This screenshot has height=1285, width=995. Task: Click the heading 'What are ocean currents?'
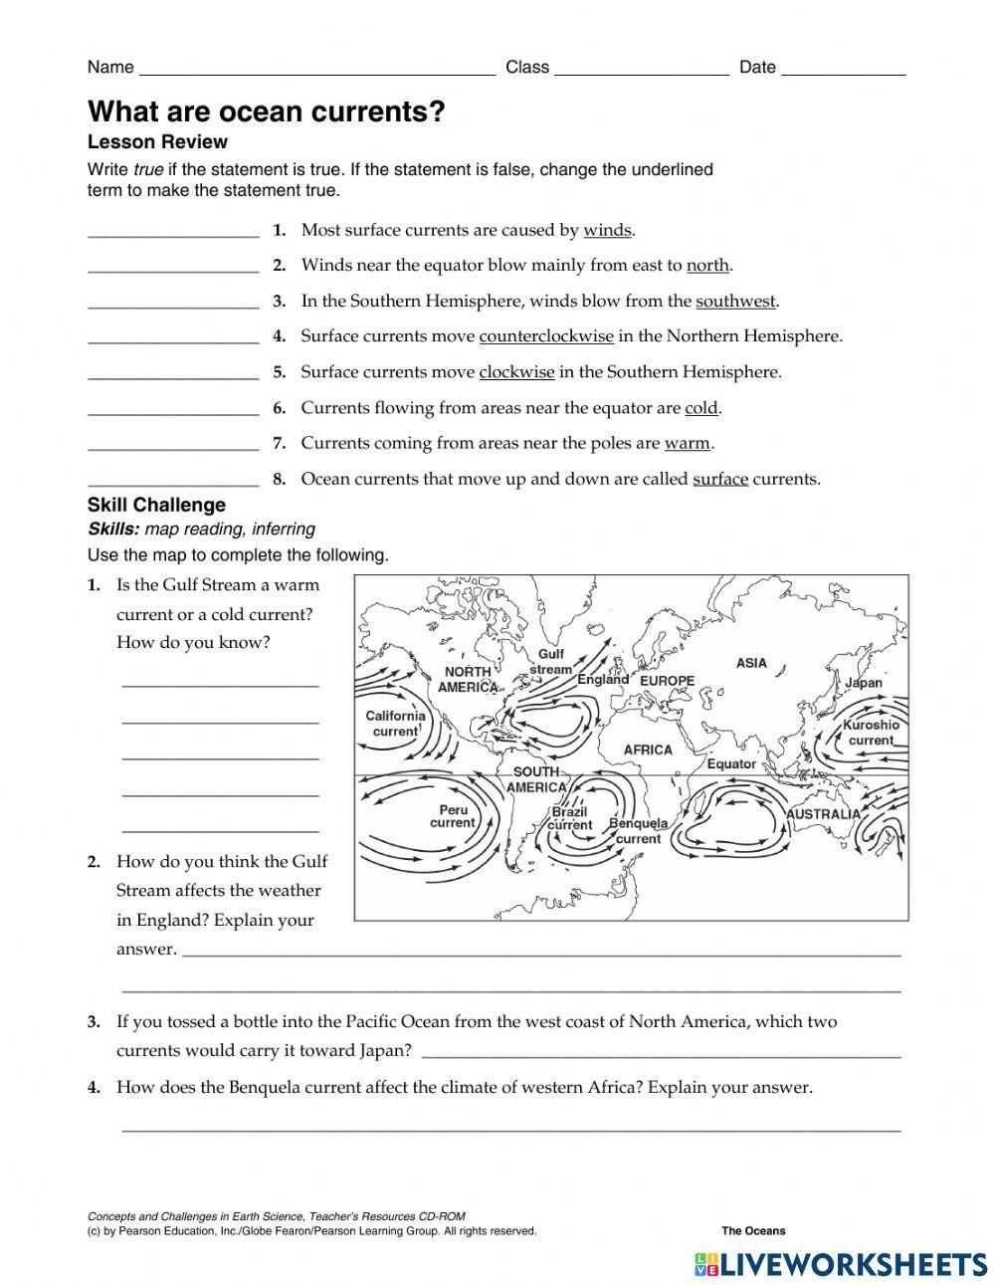pyautogui.click(x=266, y=111)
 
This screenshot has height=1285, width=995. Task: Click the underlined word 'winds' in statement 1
pyautogui.click(x=607, y=230)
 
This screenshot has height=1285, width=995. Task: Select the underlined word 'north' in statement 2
pyautogui.click(x=707, y=265)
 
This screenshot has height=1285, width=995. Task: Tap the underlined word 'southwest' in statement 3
pyautogui.click(x=735, y=301)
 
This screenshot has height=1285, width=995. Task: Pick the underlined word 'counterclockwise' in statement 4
pyautogui.click(x=546, y=336)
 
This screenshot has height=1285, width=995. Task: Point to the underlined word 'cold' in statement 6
pyautogui.click(x=701, y=408)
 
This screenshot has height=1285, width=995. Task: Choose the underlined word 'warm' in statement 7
pyautogui.click(x=688, y=443)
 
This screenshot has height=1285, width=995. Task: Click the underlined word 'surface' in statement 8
pyautogui.click(x=720, y=479)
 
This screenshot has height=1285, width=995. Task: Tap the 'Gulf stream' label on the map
pyautogui.click(x=550, y=662)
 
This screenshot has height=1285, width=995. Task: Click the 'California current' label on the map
pyautogui.click(x=395, y=724)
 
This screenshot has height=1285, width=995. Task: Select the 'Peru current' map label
pyautogui.click(x=453, y=816)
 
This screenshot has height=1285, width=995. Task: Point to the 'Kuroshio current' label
pyautogui.click(x=871, y=733)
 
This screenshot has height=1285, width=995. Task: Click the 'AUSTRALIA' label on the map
pyautogui.click(x=823, y=814)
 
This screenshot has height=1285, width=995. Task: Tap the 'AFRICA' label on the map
pyautogui.click(x=648, y=750)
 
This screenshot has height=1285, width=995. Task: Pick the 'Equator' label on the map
pyautogui.click(x=731, y=764)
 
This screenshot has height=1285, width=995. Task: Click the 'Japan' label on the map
pyautogui.click(x=863, y=684)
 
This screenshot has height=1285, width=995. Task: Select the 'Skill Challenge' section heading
pyautogui.click(x=156, y=505)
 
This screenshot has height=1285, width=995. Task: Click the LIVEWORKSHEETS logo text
pyautogui.click(x=853, y=1264)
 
